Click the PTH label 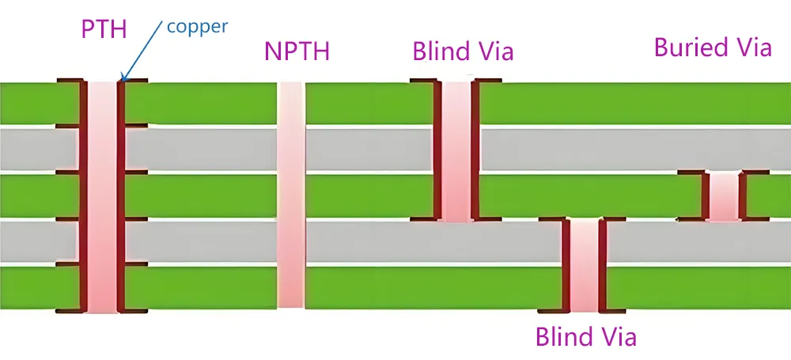pyautogui.click(x=104, y=29)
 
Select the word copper pyautogui.click(x=197, y=26)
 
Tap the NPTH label pyautogui.click(x=297, y=52)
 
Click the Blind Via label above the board pyautogui.click(x=463, y=52)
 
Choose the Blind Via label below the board pyautogui.click(x=585, y=337)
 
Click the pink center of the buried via pyautogui.click(x=722, y=196)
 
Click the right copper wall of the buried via pyautogui.click(x=742, y=196)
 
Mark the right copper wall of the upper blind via pyautogui.click(x=475, y=150)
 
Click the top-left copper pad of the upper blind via pyautogui.click(x=422, y=81)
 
